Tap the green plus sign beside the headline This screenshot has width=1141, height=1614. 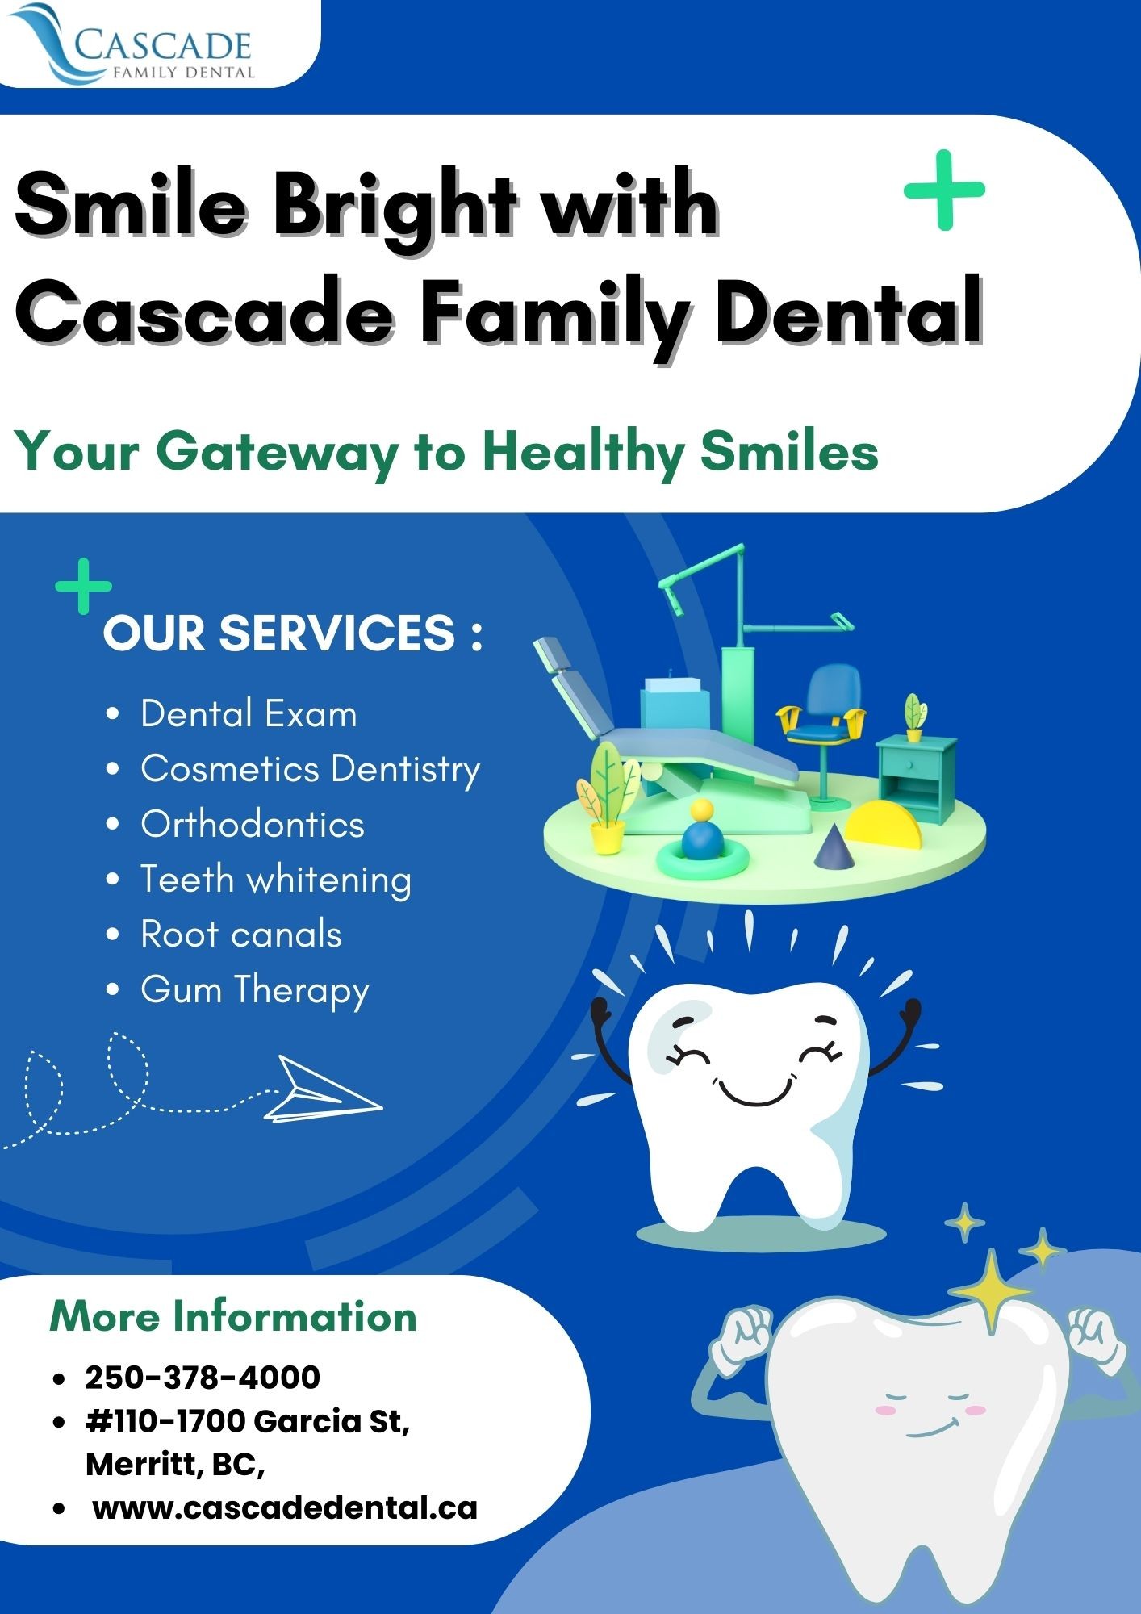pyautogui.click(x=944, y=190)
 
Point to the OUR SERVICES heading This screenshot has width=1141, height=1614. pyautogui.click(x=293, y=633)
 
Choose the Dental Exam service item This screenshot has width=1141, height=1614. pyautogui.click(x=249, y=714)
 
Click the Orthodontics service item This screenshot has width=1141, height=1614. pyautogui.click(x=253, y=825)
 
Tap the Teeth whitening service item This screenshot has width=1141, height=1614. pyautogui.click(x=276, y=880)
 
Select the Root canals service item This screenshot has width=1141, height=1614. pyautogui.click(x=241, y=935)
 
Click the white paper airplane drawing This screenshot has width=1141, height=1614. pyautogui.click(x=323, y=1089)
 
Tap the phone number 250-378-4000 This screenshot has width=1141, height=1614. pyautogui.click(x=203, y=1378)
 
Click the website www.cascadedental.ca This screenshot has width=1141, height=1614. pyautogui.click(x=285, y=1507)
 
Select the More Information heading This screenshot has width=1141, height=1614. pyautogui.click(x=233, y=1316)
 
